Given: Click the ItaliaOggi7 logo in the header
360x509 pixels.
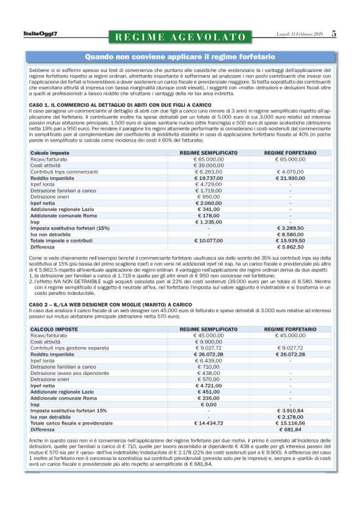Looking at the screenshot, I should click(x=40, y=34).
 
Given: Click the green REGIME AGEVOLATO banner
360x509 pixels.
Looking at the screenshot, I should click(x=180, y=37).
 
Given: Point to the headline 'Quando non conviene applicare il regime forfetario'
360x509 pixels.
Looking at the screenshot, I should click(x=180, y=56).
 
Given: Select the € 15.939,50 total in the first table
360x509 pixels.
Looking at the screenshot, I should click(x=290, y=240).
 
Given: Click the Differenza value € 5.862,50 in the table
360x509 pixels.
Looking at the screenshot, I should click(x=290, y=246).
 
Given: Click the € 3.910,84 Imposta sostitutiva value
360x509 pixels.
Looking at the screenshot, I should click(x=290, y=410).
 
